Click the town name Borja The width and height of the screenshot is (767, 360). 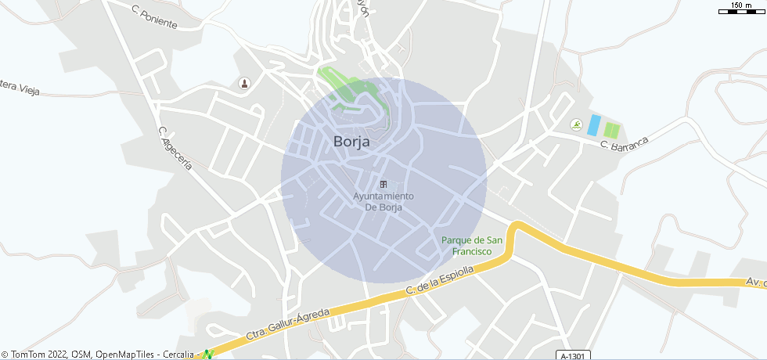point(351,142)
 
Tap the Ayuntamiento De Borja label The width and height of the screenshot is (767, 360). point(383,201)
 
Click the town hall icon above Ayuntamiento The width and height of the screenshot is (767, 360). point(383,184)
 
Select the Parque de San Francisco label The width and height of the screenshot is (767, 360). point(472,246)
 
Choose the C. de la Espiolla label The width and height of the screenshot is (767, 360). point(440,281)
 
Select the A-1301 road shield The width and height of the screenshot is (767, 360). point(572,356)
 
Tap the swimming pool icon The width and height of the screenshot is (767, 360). point(576,125)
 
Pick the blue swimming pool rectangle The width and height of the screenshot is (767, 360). point(594,124)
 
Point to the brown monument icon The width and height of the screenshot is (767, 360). point(244,83)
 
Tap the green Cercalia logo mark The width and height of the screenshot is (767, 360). point(207,355)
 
